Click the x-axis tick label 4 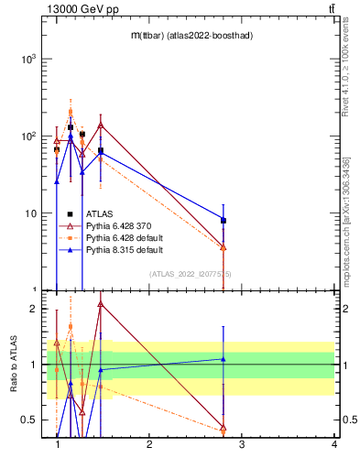click(x=334, y=445)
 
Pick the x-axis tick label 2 click(x=149, y=445)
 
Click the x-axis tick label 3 click(x=242, y=445)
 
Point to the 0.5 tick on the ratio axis click(x=27, y=420)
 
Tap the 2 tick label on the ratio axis click(x=33, y=309)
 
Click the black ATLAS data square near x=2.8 click(x=224, y=221)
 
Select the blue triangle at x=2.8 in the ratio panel click(x=224, y=358)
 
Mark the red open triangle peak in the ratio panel click(x=100, y=304)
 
